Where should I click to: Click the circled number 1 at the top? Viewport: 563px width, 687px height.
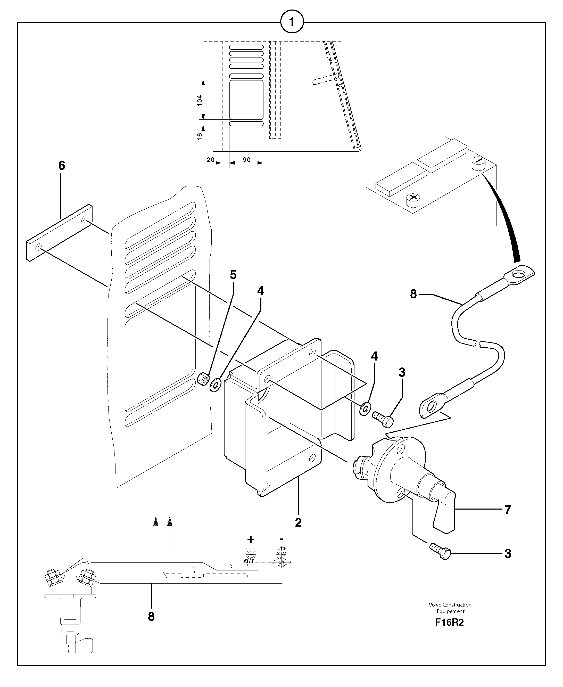pyautogui.click(x=292, y=22)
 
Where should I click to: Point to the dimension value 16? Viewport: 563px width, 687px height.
pyautogui.click(x=200, y=136)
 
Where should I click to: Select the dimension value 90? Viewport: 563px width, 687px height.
pyautogui.click(x=246, y=160)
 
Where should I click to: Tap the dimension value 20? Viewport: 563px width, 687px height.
pyautogui.click(x=210, y=160)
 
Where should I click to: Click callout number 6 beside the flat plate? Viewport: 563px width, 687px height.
pyautogui.click(x=62, y=166)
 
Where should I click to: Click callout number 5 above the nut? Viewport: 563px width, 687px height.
pyautogui.click(x=233, y=275)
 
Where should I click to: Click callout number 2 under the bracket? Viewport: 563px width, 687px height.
pyautogui.click(x=298, y=522)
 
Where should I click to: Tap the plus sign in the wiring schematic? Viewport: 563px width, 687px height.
pyautogui.click(x=251, y=539)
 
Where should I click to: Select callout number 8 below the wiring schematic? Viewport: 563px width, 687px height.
pyautogui.click(x=151, y=617)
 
